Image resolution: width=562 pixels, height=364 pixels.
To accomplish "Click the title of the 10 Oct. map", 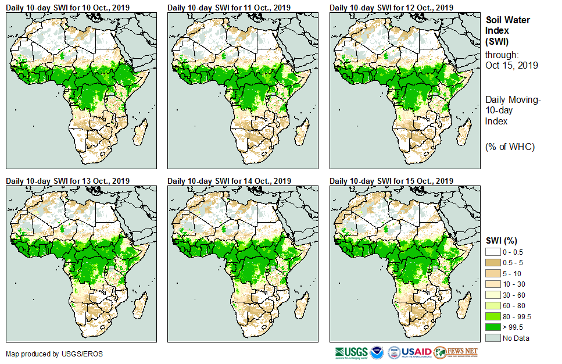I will tap(67, 8).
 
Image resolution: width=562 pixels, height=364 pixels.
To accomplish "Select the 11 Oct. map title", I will tap(230, 8).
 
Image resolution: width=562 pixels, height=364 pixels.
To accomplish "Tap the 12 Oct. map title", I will tap(392, 8).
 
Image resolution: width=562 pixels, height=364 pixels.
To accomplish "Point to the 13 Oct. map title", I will tap(67, 181).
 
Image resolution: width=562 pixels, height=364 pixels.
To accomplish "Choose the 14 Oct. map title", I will tap(230, 181).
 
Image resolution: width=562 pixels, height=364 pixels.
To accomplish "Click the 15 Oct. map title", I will tap(392, 181).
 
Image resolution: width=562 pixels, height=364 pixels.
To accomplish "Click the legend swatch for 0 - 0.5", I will tap(493, 251).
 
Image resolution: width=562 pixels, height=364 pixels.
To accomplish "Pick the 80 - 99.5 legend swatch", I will tap(493, 316).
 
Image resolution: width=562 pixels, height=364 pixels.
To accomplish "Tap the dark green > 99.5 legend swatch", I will tap(493, 327).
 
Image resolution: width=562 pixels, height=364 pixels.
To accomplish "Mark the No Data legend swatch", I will tap(493, 338).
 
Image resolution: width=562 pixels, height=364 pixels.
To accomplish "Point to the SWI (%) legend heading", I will tap(501, 240).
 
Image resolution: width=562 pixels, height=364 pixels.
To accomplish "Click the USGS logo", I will tap(351, 352).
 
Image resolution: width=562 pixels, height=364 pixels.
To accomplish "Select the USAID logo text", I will tap(417, 352).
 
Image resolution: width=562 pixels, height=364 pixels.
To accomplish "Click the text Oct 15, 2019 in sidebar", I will tap(511, 65).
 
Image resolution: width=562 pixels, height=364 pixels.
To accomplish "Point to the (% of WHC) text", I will tap(510, 147).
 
